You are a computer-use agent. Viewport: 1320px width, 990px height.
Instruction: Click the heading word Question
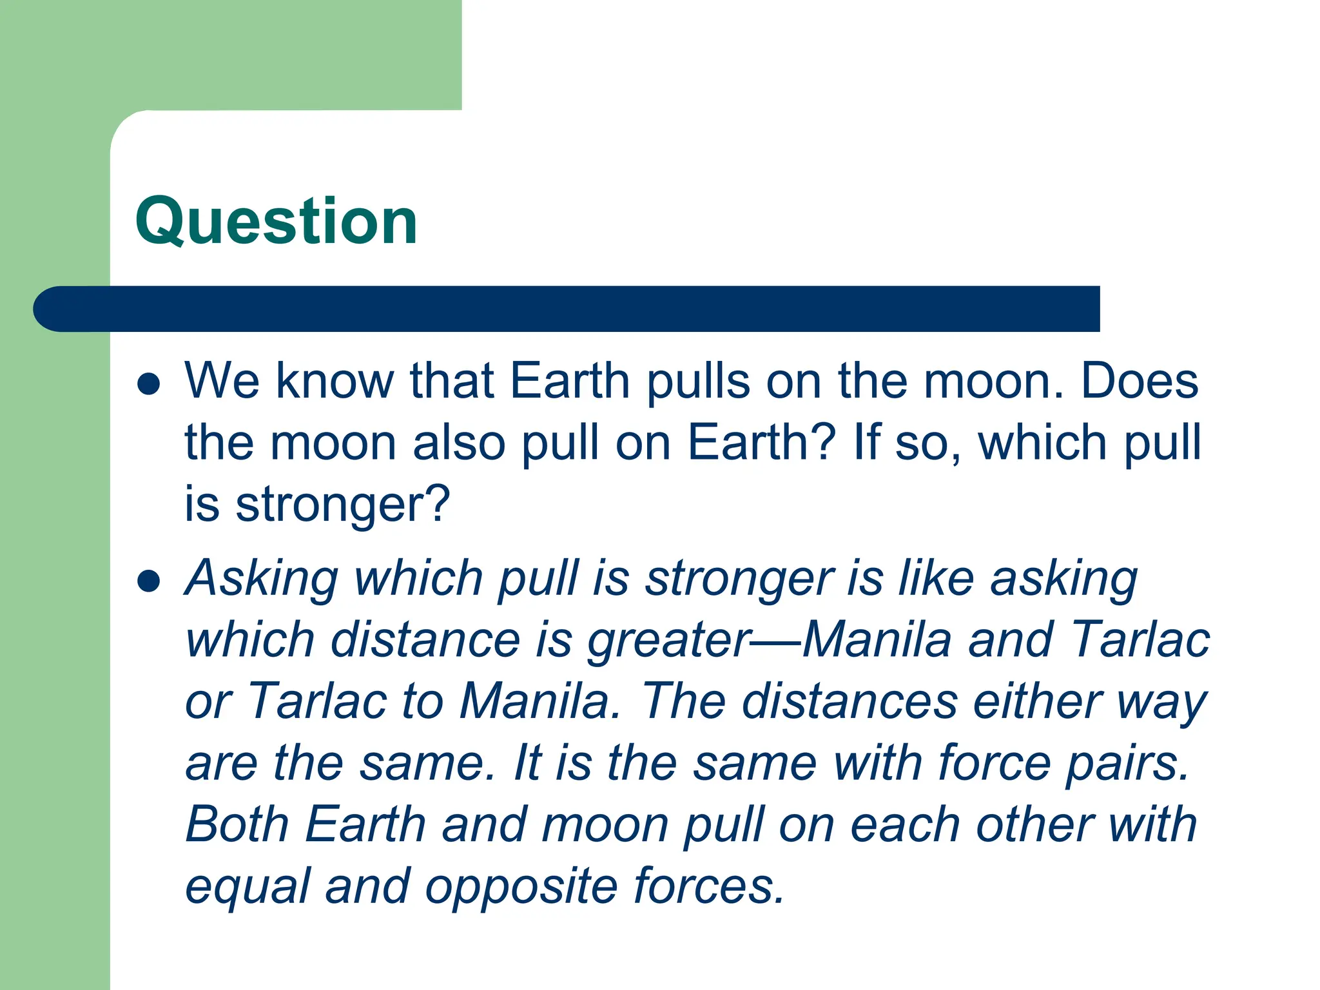click(x=277, y=222)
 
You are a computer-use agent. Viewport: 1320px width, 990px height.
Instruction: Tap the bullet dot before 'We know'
click(x=149, y=383)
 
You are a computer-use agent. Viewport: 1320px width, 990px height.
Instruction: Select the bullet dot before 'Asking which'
click(x=149, y=580)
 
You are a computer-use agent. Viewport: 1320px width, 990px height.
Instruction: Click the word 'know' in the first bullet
click(x=335, y=381)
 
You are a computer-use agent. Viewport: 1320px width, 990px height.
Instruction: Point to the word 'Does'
click(x=1140, y=381)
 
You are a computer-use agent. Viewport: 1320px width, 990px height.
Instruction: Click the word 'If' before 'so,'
click(x=865, y=443)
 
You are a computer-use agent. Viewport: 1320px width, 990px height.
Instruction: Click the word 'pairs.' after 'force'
click(x=1128, y=764)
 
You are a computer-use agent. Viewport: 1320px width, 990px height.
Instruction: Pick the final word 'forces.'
click(x=709, y=886)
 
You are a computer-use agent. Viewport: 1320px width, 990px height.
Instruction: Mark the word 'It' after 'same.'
click(x=527, y=763)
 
